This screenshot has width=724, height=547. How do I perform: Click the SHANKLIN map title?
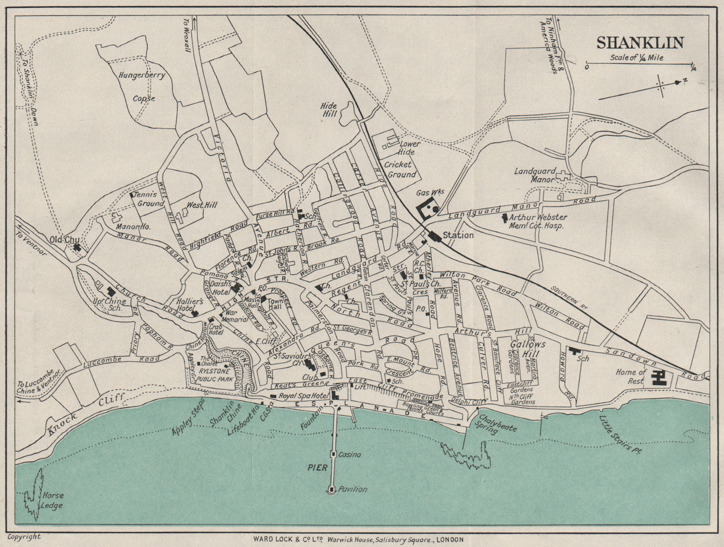(640, 42)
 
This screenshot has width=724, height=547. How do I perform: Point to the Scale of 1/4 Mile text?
(637, 57)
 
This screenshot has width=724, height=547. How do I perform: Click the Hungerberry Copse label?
(142, 86)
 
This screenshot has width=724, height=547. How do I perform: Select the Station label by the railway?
(458, 235)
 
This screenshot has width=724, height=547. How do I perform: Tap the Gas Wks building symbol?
(429, 210)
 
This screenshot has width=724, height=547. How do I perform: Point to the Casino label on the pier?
(350, 454)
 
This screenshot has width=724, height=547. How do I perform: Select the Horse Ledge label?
(52, 500)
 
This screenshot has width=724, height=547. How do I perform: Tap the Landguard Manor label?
(534, 175)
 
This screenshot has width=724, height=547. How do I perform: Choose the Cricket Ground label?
(400, 170)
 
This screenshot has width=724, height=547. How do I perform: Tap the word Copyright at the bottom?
(24, 537)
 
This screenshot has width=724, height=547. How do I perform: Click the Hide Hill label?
(329, 109)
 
